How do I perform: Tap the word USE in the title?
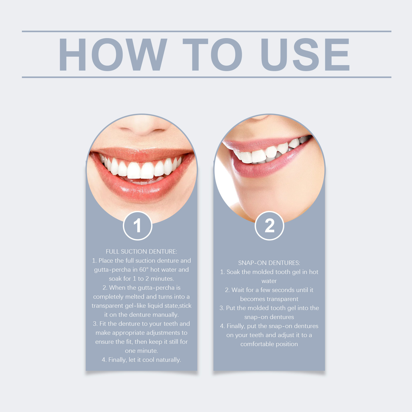pos(305,54)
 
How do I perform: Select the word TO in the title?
pos(212,54)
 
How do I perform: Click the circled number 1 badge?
pos(138,226)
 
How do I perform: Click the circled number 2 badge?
pos(269,226)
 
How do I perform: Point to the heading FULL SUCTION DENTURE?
pos(141,252)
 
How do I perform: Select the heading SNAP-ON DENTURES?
pos(269,263)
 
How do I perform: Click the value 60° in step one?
pos(144,270)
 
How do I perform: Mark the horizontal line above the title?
pos(207,31)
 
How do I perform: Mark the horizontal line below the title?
pos(207,77)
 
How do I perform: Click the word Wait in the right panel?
pos(238,290)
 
